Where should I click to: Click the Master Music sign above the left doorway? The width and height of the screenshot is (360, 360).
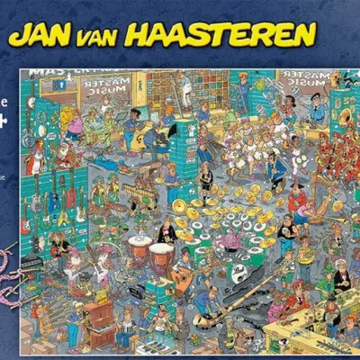click(105, 87)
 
